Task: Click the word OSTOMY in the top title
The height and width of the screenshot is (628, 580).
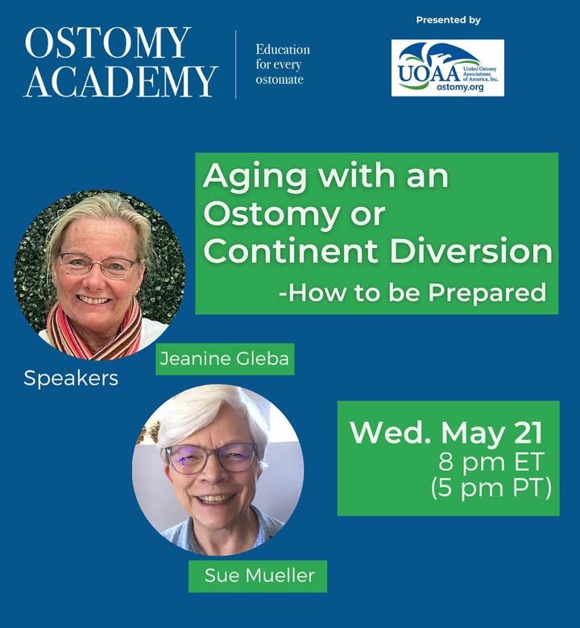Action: point(107,43)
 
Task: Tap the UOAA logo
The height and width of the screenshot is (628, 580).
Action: point(447,68)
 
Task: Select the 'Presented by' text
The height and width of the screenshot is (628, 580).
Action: point(448,20)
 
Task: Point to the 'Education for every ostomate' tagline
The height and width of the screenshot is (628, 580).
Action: point(283,64)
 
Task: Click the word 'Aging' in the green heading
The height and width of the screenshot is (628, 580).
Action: point(255,177)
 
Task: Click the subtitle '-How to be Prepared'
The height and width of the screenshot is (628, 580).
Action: point(412,292)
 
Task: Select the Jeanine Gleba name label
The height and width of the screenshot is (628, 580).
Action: point(225,359)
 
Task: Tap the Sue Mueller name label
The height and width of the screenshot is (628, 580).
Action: point(258,576)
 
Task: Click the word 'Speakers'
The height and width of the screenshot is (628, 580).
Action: point(71,378)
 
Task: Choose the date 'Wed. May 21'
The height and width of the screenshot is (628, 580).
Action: point(446,433)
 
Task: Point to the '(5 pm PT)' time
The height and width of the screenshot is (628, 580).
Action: point(491,488)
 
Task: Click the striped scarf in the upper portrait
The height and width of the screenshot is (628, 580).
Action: point(94,333)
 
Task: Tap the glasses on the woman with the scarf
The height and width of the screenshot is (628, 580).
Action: point(98,265)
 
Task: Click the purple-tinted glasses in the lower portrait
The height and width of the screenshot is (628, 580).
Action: point(211,458)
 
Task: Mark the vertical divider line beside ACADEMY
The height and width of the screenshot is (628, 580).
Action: point(236,64)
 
